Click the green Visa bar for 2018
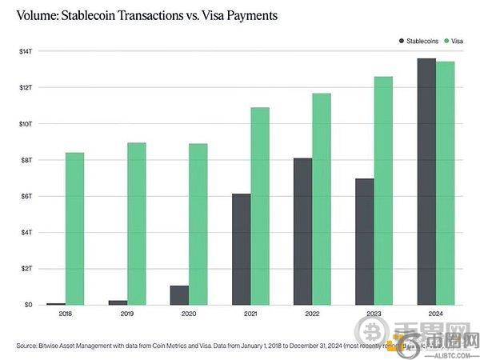74,228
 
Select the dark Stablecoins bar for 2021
241,249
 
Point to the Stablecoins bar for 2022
302,231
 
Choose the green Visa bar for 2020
198,224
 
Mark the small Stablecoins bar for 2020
179,295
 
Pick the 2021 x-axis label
250,315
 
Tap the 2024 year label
436,315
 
